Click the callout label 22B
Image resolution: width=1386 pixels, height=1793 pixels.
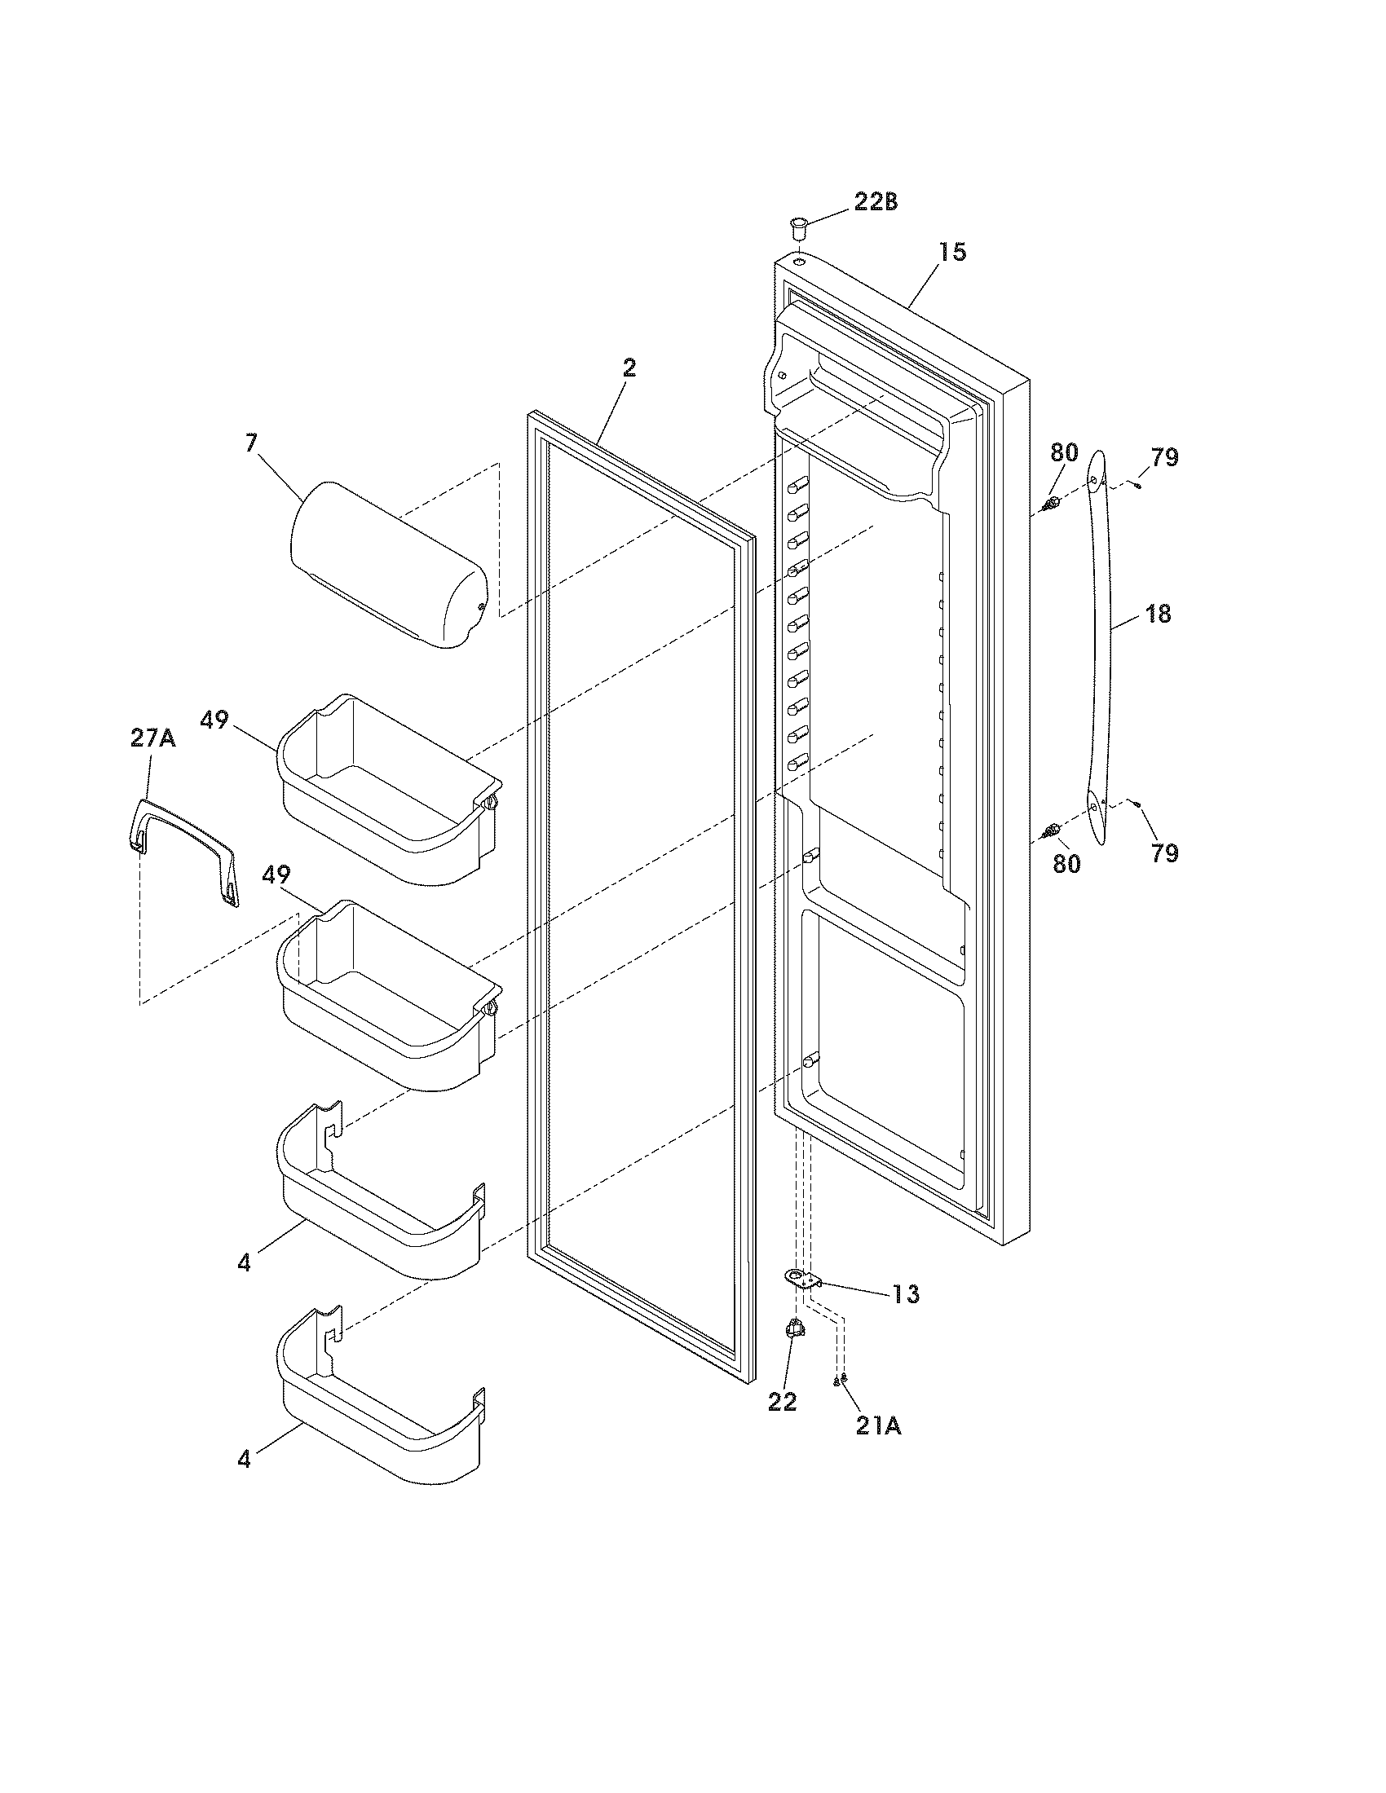click(x=876, y=202)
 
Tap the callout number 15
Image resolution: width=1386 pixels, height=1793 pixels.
click(x=952, y=251)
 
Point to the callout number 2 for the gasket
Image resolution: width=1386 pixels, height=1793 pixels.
click(x=628, y=368)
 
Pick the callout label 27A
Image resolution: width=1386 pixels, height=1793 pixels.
click(x=152, y=739)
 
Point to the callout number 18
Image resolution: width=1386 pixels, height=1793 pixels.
click(x=1158, y=613)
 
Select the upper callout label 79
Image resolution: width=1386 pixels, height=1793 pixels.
click(x=1164, y=457)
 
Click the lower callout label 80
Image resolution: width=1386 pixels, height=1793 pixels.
click(x=1066, y=864)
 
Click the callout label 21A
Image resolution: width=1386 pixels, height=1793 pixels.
click(x=878, y=1427)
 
